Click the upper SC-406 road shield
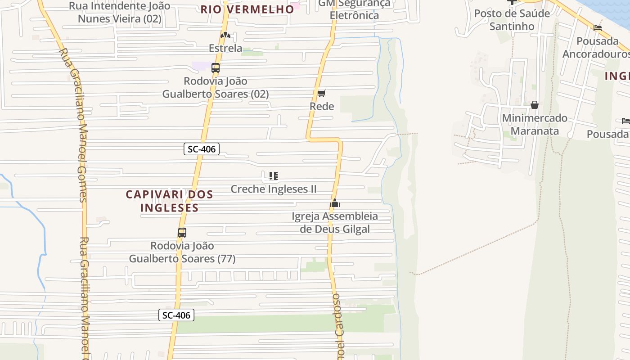tap(201, 149)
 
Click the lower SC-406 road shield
tap(176, 315)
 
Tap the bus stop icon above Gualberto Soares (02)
tap(216, 68)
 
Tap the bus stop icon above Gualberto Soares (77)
tap(182, 233)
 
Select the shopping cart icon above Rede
tap(321, 94)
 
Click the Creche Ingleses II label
tap(274, 189)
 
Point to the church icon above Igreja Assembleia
tap(334, 203)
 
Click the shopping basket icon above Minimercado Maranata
tap(534, 105)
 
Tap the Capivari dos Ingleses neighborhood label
tap(169, 201)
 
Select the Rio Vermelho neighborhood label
tap(247, 9)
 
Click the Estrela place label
tap(225, 48)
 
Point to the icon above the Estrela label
tap(225, 35)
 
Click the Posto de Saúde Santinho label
tap(512, 20)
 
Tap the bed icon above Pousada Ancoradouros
tap(598, 28)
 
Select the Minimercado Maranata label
tap(534, 125)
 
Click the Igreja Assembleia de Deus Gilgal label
tap(335, 223)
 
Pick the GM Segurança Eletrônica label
tap(354, 9)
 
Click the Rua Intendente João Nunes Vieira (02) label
tap(119, 12)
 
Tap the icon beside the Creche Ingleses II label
tap(273, 175)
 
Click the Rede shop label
tap(322, 107)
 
